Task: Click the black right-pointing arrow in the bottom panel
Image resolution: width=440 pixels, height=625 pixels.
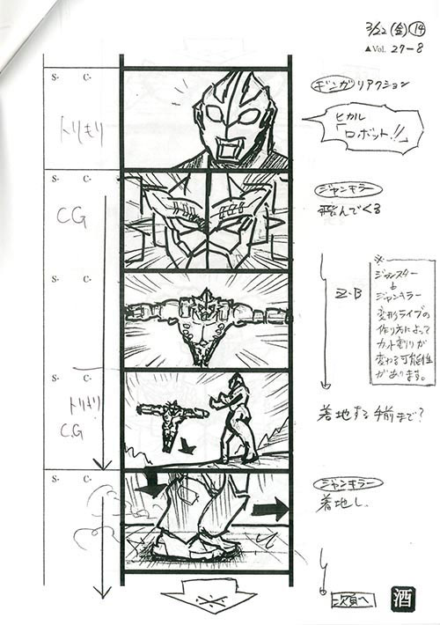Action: pos(271,509)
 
